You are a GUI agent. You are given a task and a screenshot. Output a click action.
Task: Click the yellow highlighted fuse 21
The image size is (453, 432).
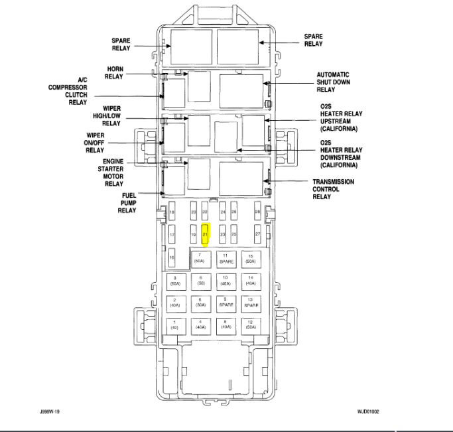[x=205, y=235]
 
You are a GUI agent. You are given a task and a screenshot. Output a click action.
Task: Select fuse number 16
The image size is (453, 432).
[x=171, y=257]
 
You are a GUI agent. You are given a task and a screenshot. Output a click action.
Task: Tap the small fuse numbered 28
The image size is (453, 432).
[x=257, y=212]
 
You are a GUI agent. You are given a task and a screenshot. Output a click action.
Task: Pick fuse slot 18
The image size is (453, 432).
[x=172, y=212]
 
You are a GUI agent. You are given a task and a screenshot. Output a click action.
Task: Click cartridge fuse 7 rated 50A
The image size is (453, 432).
[x=199, y=259]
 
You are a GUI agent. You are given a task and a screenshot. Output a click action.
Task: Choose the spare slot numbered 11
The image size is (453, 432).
[x=226, y=259]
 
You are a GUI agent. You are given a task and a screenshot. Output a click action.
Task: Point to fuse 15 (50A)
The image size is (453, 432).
[x=251, y=259]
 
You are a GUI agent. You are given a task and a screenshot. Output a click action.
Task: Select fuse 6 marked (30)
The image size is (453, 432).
[x=199, y=281]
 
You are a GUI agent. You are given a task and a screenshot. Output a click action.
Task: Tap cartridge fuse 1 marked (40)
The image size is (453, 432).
[x=175, y=326]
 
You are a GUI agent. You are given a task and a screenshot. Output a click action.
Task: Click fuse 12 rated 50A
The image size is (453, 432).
[x=251, y=326]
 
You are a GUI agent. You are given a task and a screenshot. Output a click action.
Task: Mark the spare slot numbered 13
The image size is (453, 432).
[x=251, y=303]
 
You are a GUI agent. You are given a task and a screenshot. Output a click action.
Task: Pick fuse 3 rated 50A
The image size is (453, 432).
[x=175, y=281]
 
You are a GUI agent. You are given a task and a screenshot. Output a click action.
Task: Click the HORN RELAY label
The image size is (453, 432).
[x=114, y=72]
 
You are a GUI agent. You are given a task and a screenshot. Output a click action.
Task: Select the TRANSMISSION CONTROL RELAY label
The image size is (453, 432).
[x=333, y=189]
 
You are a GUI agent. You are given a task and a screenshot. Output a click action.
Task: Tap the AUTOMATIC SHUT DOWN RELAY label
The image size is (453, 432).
[x=333, y=82]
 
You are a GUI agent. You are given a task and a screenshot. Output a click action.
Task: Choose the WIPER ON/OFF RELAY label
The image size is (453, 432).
[x=94, y=141]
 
